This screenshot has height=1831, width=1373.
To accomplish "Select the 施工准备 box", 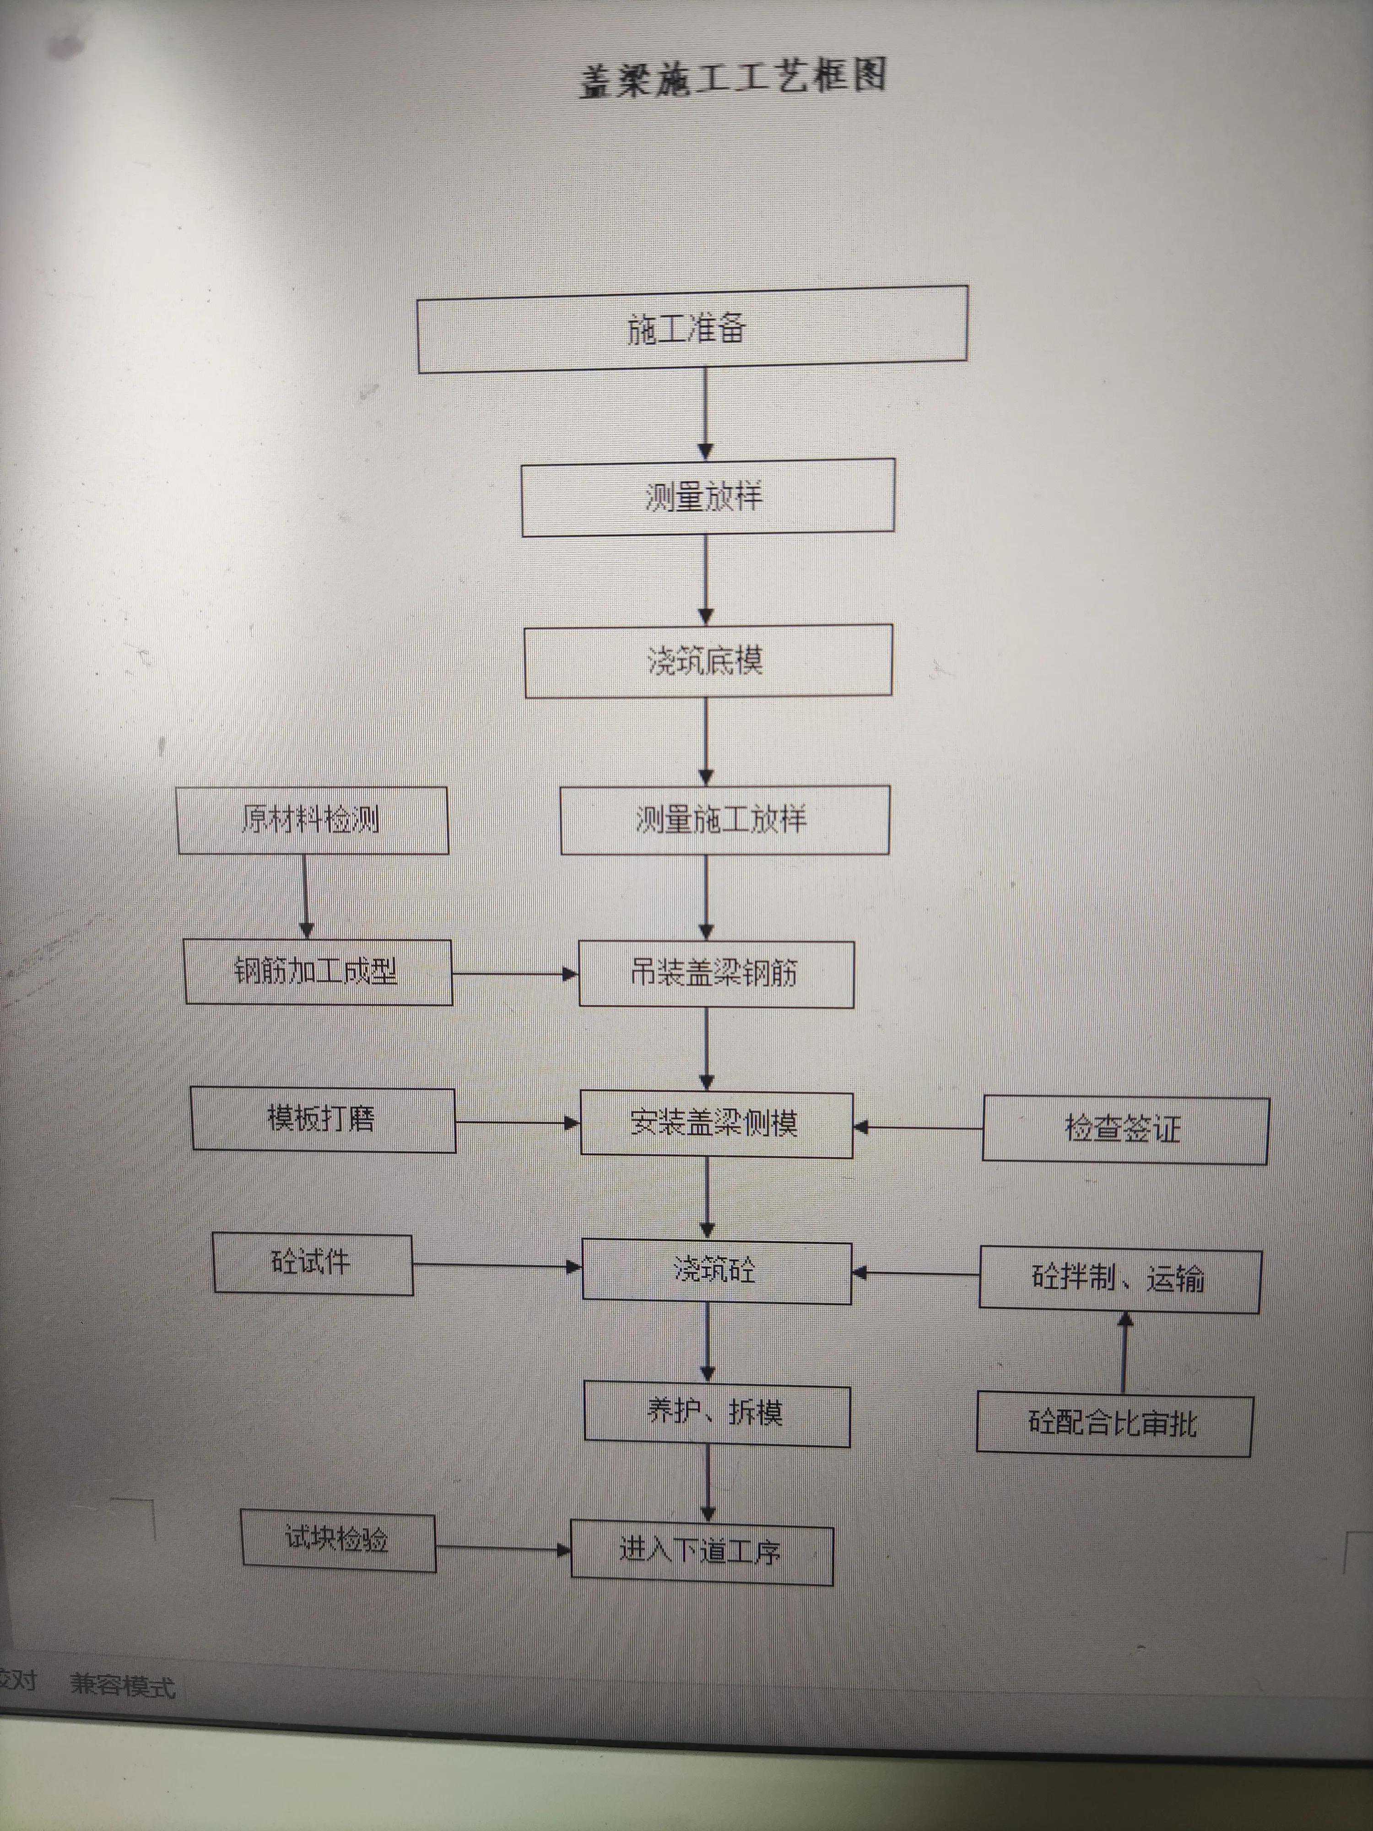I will tap(692, 329).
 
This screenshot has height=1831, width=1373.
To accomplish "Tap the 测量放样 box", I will tap(708, 497).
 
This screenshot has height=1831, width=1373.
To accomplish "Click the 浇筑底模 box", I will tap(708, 661).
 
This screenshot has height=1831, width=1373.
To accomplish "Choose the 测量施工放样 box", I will tap(724, 819).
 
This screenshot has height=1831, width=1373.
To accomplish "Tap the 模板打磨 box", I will tap(323, 1119).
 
